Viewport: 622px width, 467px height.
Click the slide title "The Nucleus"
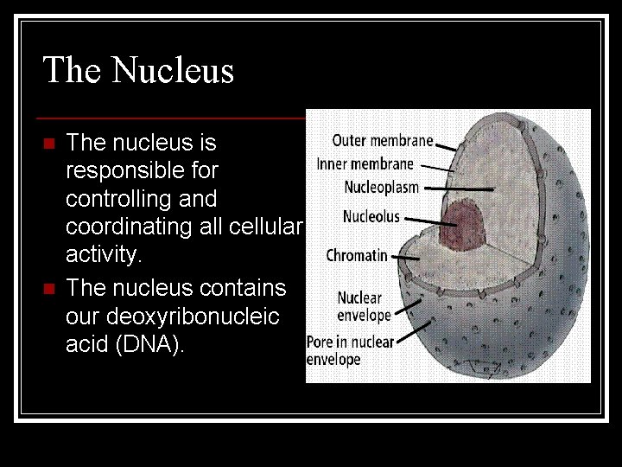click(x=138, y=70)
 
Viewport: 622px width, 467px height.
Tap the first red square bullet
click(x=48, y=143)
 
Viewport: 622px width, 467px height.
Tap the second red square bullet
click(x=48, y=287)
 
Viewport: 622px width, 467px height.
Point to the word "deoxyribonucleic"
click(x=172, y=317)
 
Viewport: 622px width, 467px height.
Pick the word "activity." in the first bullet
click(x=103, y=256)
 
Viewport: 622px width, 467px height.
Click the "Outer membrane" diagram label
click(x=382, y=140)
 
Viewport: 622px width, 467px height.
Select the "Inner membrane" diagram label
click(x=365, y=163)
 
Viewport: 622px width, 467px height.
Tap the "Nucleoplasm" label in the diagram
click(x=381, y=187)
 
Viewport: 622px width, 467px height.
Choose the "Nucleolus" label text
click(x=371, y=216)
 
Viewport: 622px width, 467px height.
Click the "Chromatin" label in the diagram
click(x=357, y=255)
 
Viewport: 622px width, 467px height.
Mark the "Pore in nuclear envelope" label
click(x=350, y=350)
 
